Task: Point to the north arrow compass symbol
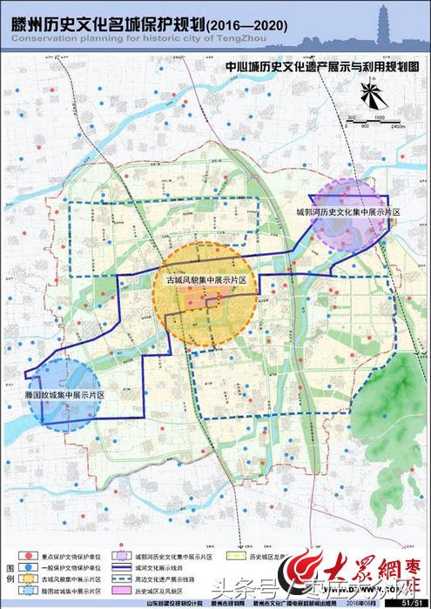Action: [x=371, y=94]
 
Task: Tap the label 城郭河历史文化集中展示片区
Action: [x=347, y=212]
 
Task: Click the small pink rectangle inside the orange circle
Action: [x=207, y=301]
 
